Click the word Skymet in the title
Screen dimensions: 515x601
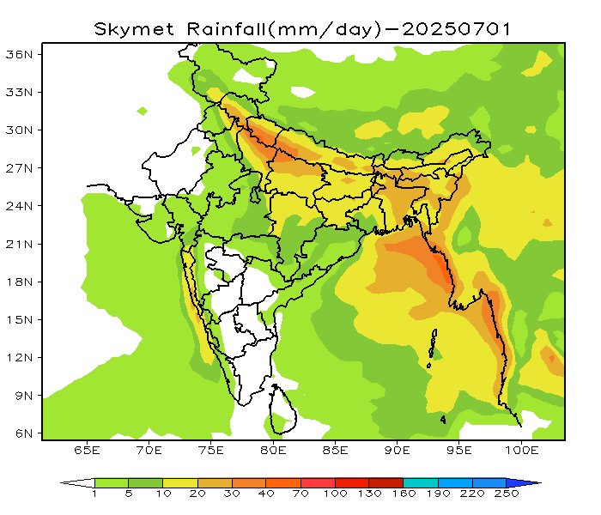coord(131,28)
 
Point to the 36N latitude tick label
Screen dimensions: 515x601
coord(20,54)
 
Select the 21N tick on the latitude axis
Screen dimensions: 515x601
coord(20,244)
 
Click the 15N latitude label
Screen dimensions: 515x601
coord(20,319)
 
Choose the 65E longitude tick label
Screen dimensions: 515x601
coord(87,450)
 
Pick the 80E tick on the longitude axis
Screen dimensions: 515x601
coord(274,450)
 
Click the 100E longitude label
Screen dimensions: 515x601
coord(522,450)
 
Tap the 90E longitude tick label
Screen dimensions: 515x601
coord(398,450)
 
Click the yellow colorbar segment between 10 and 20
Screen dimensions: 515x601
coord(180,482)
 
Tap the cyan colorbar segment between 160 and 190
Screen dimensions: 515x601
coord(420,482)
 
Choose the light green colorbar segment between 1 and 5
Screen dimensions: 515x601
coord(112,482)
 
